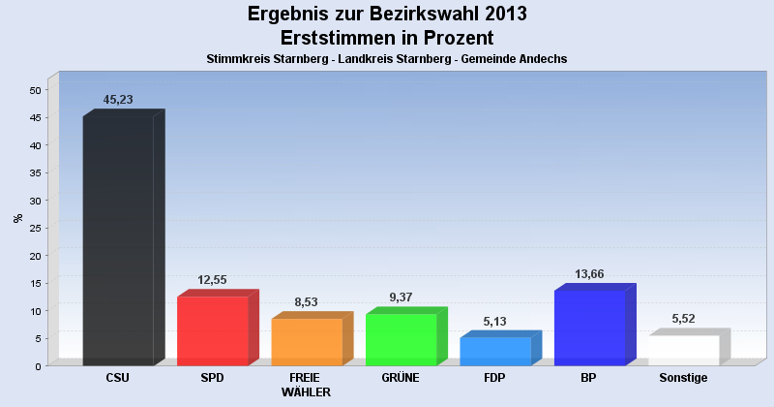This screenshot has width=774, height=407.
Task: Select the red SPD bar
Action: [x=213, y=330]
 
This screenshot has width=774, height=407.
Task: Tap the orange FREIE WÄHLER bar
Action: [x=307, y=341]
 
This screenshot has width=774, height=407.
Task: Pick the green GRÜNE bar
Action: [x=401, y=339]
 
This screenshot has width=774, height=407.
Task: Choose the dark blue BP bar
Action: [x=589, y=328]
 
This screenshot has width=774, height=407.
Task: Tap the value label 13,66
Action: [x=594, y=274]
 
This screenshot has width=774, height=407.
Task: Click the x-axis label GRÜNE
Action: [x=401, y=378]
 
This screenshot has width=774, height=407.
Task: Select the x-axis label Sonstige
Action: [x=684, y=378]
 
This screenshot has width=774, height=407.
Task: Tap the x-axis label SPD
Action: [x=213, y=378]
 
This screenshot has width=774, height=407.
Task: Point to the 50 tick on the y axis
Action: [x=35, y=90]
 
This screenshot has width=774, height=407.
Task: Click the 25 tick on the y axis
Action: [x=35, y=229]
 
